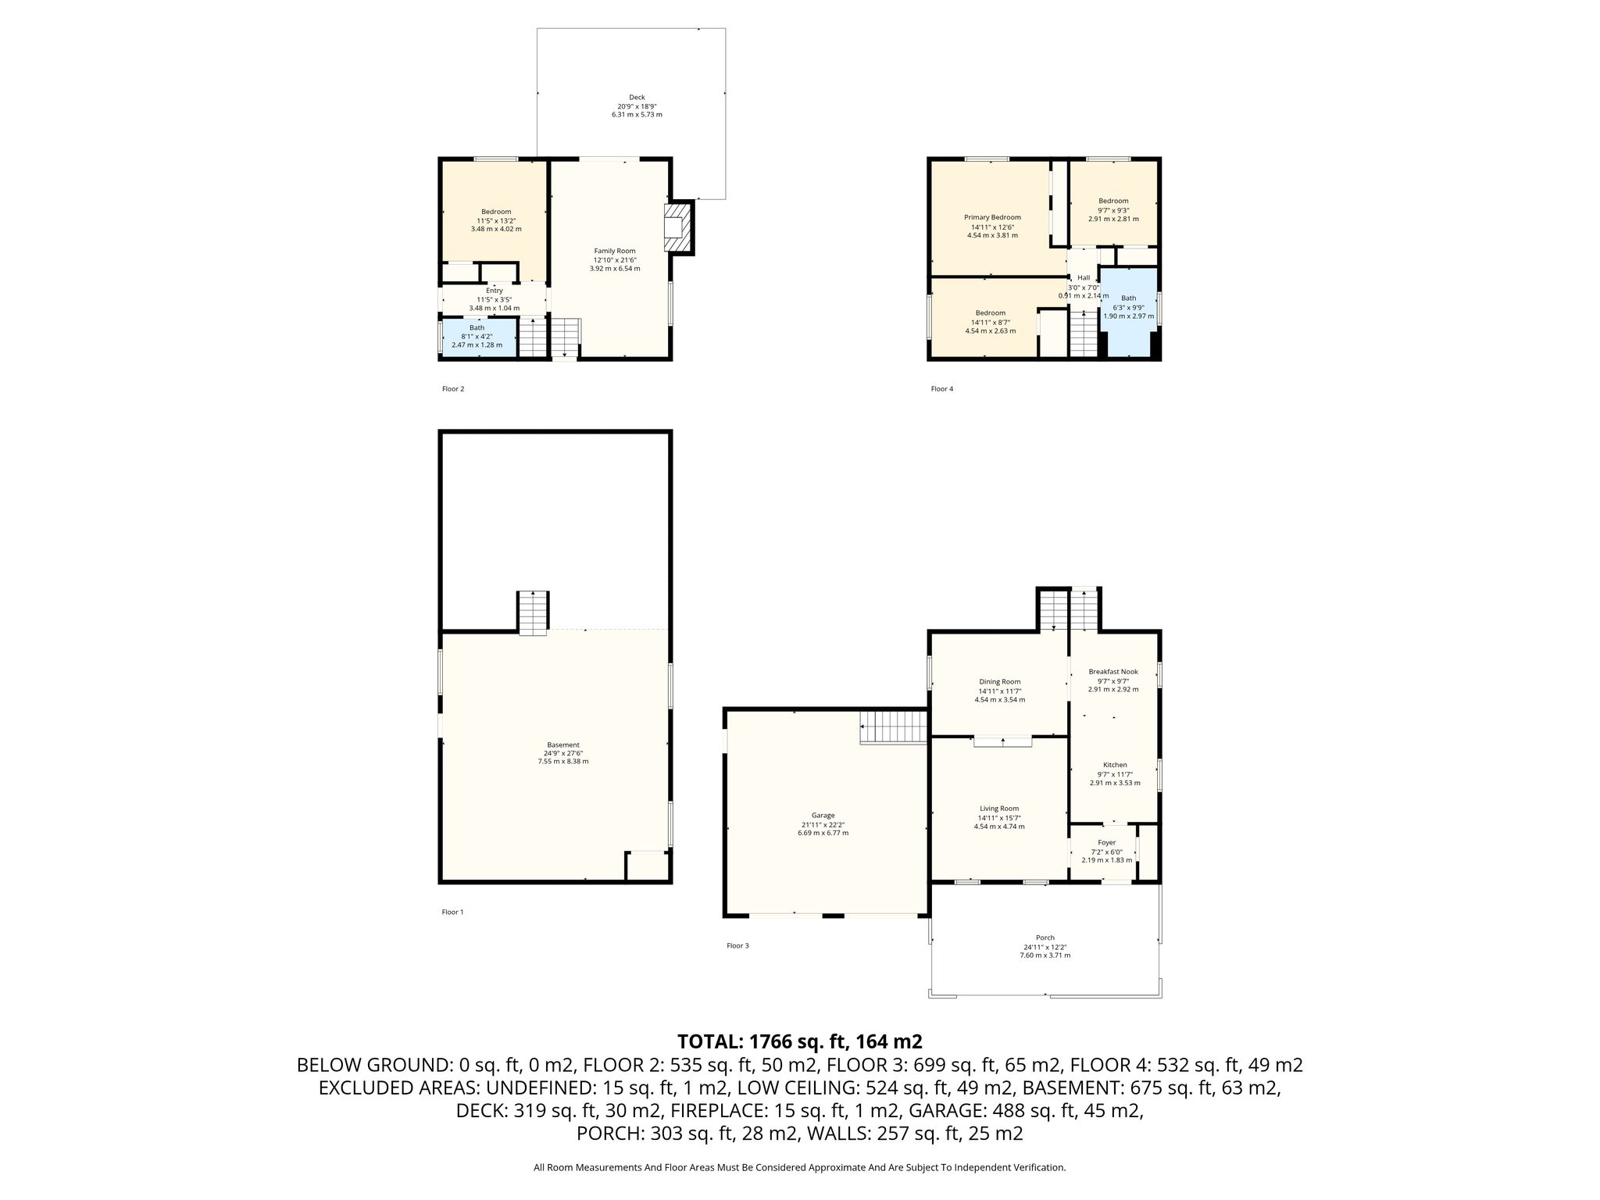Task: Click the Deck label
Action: point(637,98)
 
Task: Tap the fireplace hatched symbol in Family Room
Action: point(678,227)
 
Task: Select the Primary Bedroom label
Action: point(992,217)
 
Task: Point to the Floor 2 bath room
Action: point(479,337)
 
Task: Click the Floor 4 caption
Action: point(941,389)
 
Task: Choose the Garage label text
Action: point(823,816)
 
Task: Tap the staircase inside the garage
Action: point(894,727)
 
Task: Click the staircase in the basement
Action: point(534,613)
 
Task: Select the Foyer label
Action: point(1106,842)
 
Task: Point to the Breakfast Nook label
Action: point(1113,672)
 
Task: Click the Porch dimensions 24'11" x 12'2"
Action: point(1045,946)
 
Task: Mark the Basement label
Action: point(562,745)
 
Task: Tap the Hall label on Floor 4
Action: point(1084,278)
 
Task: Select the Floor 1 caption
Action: point(453,912)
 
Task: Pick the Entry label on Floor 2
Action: point(494,291)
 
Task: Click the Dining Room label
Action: point(1000,682)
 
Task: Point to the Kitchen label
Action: point(1115,765)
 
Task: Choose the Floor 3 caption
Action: point(737,945)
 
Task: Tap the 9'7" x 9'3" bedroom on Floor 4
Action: point(1113,205)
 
